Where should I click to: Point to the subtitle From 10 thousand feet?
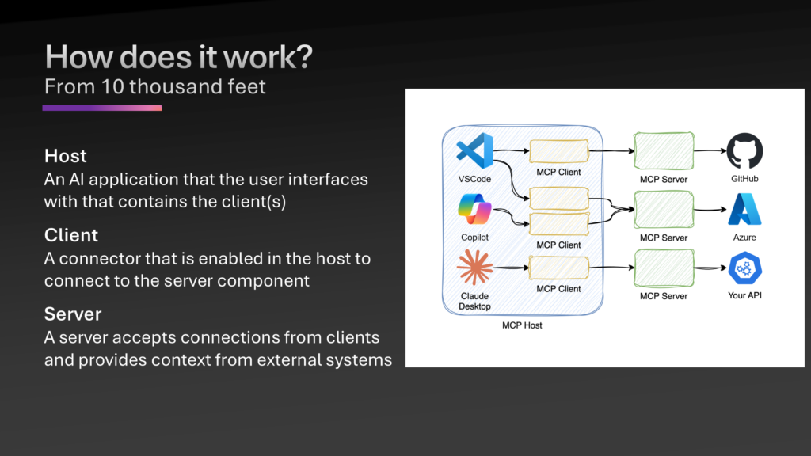pyautogui.click(x=155, y=86)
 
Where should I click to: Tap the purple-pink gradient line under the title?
pyautogui.click(x=102, y=108)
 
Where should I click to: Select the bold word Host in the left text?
pyautogui.click(x=66, y=155)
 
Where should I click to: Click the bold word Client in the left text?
pyautogui.click(x=71, y=235)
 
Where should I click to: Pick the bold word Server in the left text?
pyautogui.click(x=73, y=314)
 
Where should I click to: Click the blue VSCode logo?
pyautogui.click(x=475, y=150)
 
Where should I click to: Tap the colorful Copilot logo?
pyautogui.click(x=474, y=211)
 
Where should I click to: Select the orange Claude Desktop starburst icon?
pyautogui.click(x=474, y=268)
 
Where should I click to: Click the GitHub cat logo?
pyautogui.click(x=744, y=150)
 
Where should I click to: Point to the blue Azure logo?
pyautogui.click(x=744, y=210)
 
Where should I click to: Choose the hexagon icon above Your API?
pyautogui.click(x=744, y=268)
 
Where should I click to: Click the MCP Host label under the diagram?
pyautogui.click(x=522, y=325)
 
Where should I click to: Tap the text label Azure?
pyautogui.click(x=744, y=237)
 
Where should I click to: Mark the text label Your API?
pyautogui.click(x=744, y=296)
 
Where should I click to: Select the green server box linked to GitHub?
pyautogui.click(x=664, y=150)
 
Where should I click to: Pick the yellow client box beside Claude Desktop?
pyautogui.click(x=558, y=268)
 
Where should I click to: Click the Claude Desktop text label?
pyautogui.click(x=474, y=301)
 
